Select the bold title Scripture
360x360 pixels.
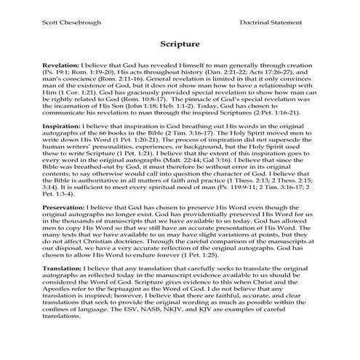coord(180,45)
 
